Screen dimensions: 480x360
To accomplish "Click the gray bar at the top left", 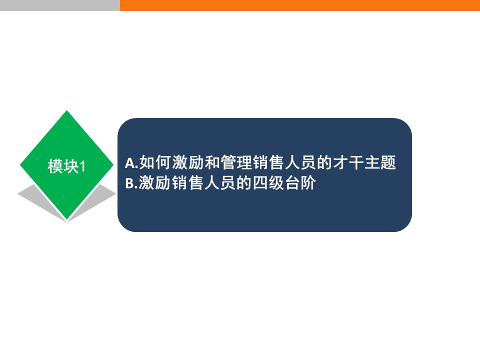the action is pyautogui.click(x=60, y=5).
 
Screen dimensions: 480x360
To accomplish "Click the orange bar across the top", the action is pyautogui.click(x=300, y=5).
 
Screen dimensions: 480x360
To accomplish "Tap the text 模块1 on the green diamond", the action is pyautogui.click(x=66, y=166).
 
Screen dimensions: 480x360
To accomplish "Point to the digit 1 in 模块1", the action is pyautogui.click(x=82, y=166).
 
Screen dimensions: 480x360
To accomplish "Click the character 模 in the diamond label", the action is pyautogui.click(x=55, y=166).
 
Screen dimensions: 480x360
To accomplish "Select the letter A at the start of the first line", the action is pyautogui.click(x=130, y=163).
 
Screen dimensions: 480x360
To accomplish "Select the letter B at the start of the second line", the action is pyautogui.click(x=130, y=183).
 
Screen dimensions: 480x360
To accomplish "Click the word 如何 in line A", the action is pyautogui.click(x=154, y=162).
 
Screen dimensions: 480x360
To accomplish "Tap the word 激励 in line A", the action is pyautogui.click(x=187, y=162).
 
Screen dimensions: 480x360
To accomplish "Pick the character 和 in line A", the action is pyautogui.click(x=212, y=162).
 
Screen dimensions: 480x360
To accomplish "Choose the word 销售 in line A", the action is pyautogui.click(x=268, y=162).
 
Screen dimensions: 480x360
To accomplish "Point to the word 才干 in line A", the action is pyautogui.click(x=348, y=162).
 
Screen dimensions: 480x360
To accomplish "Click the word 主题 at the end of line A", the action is pyautogui.click(x=380, y=162).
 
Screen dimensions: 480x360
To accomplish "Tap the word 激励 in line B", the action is pyautogui.click(x=154, y=183).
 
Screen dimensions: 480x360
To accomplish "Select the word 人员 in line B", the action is pyautogui.click(x=219, y=183).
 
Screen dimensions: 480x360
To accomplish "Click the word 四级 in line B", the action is pyautogui.click(x=268, y=183).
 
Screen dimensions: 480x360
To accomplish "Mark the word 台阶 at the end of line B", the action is pyautogui.click(x=300, y=183).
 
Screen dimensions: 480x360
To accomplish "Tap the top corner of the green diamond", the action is pyautogui.click(x=66, y=110).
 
